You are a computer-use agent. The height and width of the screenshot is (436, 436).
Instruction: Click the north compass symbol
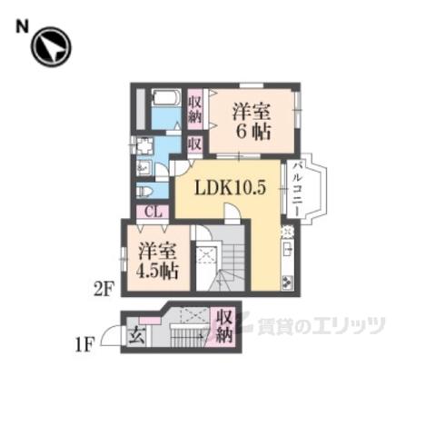pyautogui.click(x=51, y=47)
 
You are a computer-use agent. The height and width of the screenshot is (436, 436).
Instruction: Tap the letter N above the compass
pyautogui.click(x=22, y=27)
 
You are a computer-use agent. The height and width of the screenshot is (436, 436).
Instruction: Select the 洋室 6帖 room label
pyautogui.click(x=252, y=122)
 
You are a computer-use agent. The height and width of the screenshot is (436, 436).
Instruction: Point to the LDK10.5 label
pyautogui.click(x=230, y=188)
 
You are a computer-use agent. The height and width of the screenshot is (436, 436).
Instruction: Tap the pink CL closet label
pyautogui.click(x=153, y=212)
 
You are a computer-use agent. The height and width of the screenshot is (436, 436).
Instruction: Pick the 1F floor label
pyautogui.click(x=84, y=345)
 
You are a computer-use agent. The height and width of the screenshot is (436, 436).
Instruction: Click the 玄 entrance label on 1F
pyautogui.click(x=136, y=336)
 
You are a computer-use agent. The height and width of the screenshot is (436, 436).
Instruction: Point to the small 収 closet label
pyautogui.click(x=194, y=144)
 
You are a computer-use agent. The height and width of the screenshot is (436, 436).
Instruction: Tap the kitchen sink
pyautogui.click(x=288, y=249)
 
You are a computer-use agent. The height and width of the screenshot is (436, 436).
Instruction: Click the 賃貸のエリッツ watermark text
pyautogui.click(x=321, y=326)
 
